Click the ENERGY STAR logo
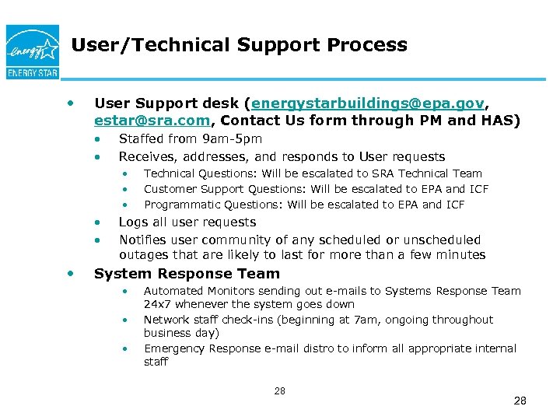pos(32,51)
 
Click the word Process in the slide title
pos(366,45)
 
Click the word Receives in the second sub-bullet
pos(145,157)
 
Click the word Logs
pos(132,222)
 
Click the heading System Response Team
pos(187,274)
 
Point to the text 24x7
pos(158,305)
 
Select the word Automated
pos(173,291)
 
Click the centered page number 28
pos(280,391)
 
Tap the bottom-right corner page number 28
pos(520,401)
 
